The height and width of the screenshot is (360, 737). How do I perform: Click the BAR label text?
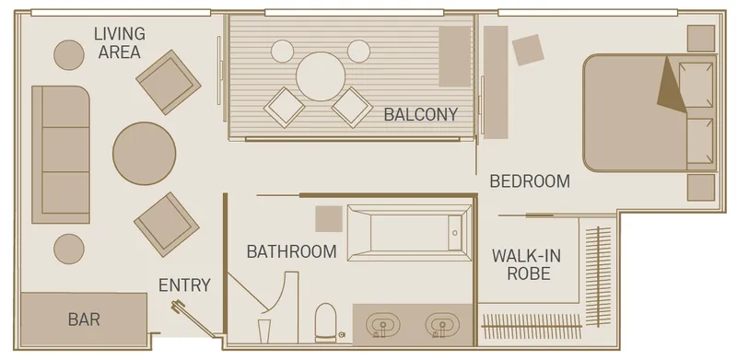[x=84, y=319]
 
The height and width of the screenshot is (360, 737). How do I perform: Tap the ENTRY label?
[x=184, y=285]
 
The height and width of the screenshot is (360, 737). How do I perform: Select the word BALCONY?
[x=421, y=114]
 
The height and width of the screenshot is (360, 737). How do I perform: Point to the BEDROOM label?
[x=530, y=181]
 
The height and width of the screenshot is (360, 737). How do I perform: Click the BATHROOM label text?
[x=291, y=252]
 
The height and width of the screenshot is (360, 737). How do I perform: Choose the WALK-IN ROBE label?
[x=526, y=264]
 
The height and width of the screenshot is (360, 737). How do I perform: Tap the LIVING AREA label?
[x=120, y=42]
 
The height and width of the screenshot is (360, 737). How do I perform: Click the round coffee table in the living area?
[x=145, y=153]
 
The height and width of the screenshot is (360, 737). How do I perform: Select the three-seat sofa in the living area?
[x=61, y=154]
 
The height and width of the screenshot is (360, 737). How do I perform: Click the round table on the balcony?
[x=321, y=76]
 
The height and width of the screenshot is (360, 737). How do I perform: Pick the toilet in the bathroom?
[x=325, y=322]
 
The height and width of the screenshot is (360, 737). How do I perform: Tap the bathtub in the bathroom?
[x=409, y=233]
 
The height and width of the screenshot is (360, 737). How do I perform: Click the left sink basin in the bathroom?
[x=383, y=324]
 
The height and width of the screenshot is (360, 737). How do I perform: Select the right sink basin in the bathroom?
[x=442, y=324]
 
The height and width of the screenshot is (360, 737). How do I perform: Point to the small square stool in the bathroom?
[x=329, y=218]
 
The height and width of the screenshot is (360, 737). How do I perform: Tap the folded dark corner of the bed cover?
[x=672, y=86]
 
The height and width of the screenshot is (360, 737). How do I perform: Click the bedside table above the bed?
[x=701, y=38]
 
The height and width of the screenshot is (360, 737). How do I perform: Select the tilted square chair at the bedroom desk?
[x=528, y=50]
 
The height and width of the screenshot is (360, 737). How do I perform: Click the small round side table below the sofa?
[x=68, y=249]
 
